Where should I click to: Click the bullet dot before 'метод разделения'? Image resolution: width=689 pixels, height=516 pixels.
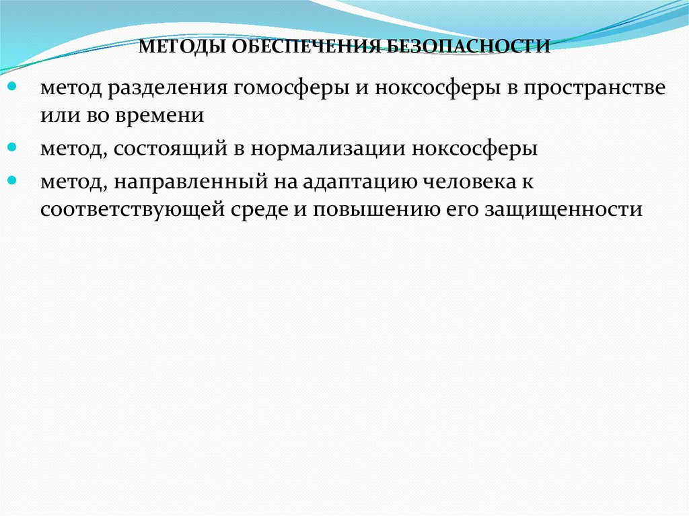[x=13, y=87]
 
